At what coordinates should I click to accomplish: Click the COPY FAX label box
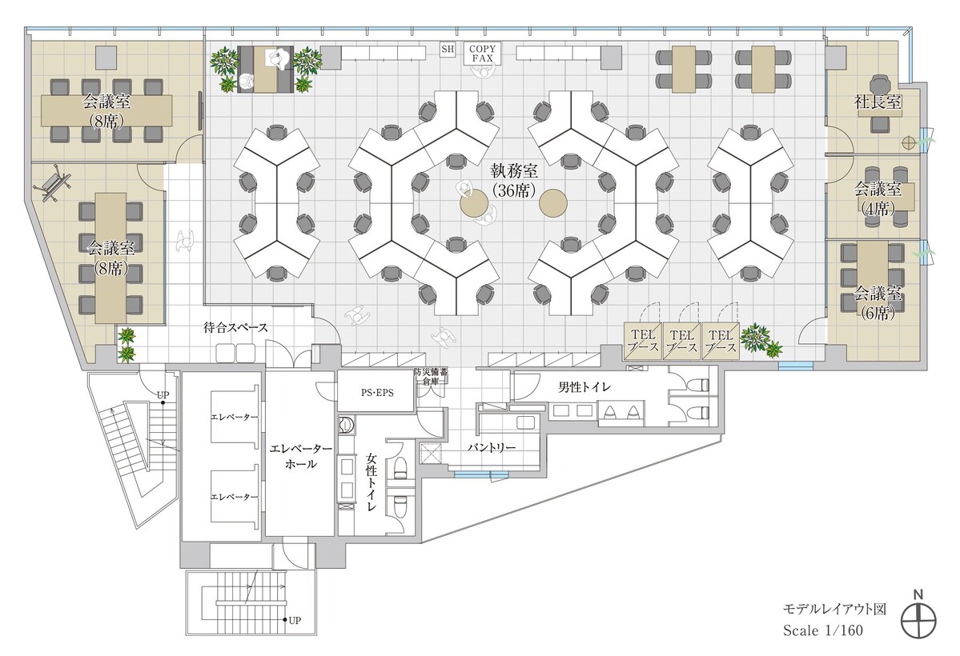tap(482, 54)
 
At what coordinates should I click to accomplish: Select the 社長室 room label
tap(878, 102)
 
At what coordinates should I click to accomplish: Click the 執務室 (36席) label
tap(514, 180)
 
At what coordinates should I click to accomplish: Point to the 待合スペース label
tap(235, 327)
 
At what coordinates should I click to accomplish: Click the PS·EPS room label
tap(376, 392)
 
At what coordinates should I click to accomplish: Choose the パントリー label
tap(492, 447)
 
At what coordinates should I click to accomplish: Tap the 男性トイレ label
tap(584, 387)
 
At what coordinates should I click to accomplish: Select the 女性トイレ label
tap(372, 482)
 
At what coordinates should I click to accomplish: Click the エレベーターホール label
tap(300, 456)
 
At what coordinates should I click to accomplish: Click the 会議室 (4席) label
tap(878, 198)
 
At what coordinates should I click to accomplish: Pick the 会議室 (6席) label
tap(878, 303)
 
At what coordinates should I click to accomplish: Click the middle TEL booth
tap(681, 341)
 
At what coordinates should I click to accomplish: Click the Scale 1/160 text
tap(822, 630)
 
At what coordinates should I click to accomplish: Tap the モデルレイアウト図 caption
tap(834, 609)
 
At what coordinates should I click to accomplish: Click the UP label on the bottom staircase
tap(295, 620)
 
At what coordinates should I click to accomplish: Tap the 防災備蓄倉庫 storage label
tap(431, 376)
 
